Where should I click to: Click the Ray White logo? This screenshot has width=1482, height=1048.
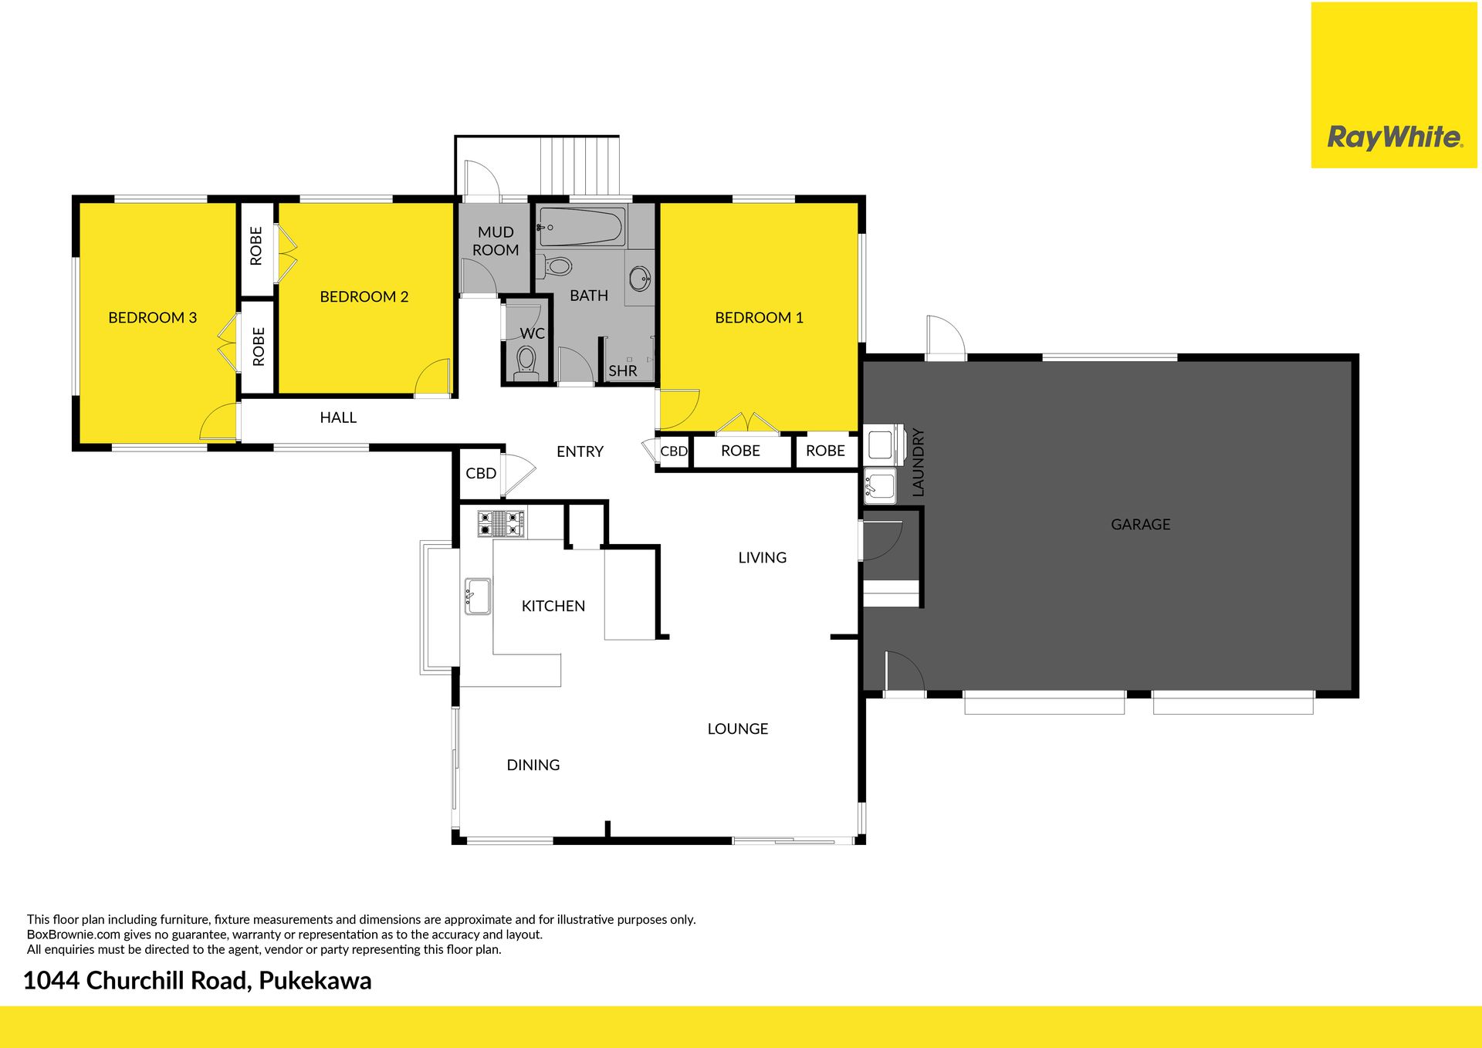[1394, 138]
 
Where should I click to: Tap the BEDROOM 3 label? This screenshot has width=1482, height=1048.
[152, 317]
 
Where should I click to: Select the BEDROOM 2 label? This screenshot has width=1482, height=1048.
[364, 296]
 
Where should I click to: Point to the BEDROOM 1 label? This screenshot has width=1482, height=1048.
[759, 317]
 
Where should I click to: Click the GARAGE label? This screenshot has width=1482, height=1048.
[1140, 524]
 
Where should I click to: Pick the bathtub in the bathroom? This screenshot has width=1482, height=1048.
[581, 227]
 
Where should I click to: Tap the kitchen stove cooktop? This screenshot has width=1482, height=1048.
[501, 523]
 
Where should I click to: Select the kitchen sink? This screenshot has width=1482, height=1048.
[478, 597]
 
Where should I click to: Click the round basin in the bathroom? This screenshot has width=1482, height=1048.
[640, 279]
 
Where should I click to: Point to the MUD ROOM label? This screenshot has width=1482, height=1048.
[496, 241]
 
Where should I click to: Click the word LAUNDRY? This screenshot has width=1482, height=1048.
[918, 462]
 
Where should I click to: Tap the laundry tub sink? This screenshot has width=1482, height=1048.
[880, 486]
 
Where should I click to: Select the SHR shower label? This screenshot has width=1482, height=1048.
[623, 370]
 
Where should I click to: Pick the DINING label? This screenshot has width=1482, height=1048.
[533, 765]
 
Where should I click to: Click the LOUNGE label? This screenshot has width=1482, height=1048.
[738, 729]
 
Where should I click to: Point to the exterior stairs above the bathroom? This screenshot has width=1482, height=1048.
[580, 166]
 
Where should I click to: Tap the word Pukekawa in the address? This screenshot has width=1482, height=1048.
[315, 980]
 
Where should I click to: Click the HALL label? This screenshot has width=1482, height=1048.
[338, 418]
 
